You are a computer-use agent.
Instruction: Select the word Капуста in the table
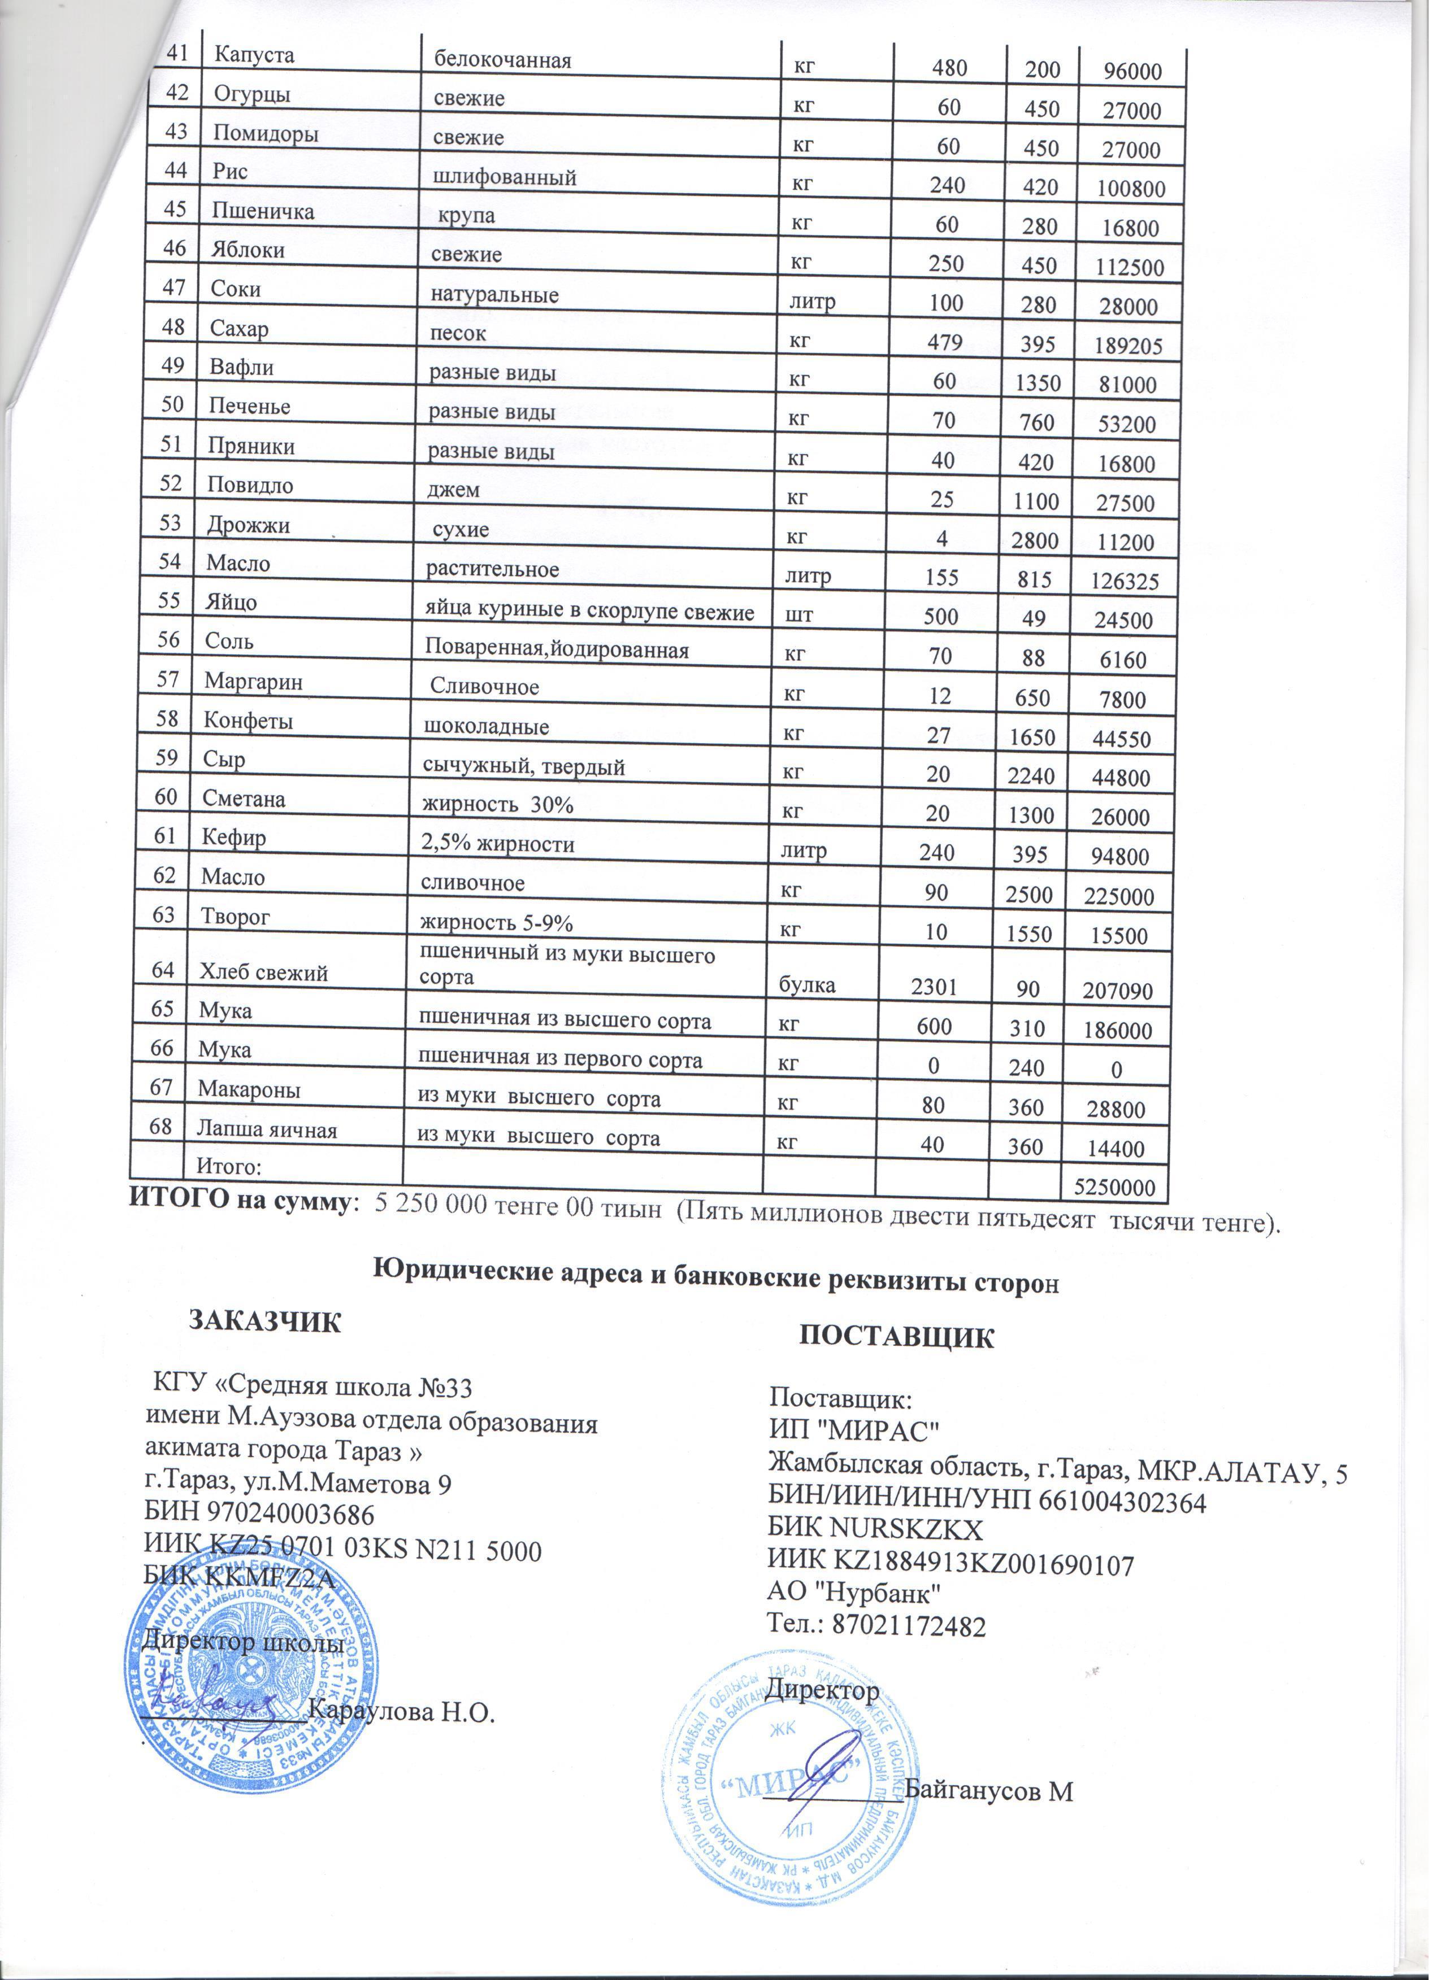pos(254,55)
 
